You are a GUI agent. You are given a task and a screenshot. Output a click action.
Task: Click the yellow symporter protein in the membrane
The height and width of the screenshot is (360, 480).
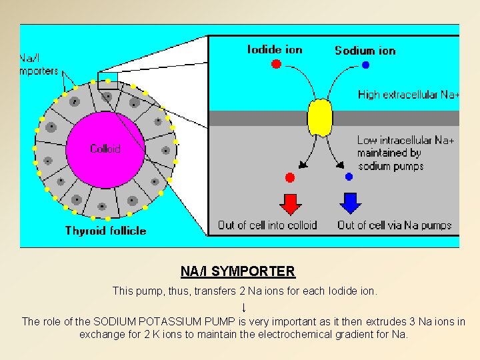click(x=319, y=117)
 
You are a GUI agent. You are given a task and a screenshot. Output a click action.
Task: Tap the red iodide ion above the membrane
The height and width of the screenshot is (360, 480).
click(x=276, y=64)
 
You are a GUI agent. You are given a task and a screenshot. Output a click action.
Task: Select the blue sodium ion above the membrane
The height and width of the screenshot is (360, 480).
click(x=365, y=65)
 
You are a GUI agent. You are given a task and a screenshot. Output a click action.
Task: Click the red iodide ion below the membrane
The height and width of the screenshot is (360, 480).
click(x=289, y=177)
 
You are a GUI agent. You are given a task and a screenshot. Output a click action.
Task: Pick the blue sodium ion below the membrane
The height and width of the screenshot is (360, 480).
click(x=349, y=177)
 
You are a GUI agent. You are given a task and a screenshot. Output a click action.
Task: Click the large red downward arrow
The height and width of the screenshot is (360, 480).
click(x=290, y=202)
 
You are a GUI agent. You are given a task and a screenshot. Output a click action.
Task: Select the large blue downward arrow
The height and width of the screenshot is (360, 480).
click(x=350, y=202)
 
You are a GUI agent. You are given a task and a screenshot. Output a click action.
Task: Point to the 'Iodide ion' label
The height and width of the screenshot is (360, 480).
click(x=274, y=49)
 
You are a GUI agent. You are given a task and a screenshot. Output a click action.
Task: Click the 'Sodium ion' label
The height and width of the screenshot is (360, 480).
click(x=365, y=50)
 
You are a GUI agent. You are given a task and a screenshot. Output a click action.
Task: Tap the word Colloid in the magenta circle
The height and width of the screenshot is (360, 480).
click(x=105, y=149)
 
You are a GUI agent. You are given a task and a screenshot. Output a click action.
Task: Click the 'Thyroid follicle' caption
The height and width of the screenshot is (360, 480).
click(x=105, y=231)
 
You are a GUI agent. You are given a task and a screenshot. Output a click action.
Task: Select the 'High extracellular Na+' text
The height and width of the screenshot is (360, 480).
click(x=408, y=95)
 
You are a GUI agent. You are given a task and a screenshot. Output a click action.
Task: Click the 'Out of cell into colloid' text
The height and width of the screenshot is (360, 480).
click(x=267, y=225)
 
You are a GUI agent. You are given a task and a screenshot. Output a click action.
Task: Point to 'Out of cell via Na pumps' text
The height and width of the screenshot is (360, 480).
click(x=394, y=225)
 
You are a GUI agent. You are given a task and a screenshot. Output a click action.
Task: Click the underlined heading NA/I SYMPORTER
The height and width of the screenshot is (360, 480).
click(x=237, y=271)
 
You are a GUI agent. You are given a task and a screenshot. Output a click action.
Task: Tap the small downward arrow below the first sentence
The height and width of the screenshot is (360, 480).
click(x=244, y=307)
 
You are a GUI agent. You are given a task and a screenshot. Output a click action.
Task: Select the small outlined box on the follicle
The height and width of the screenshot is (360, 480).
click(x=107, y=81)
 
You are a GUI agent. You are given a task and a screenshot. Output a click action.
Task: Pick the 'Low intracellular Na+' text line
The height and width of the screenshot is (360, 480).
click(x=405, y=140)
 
